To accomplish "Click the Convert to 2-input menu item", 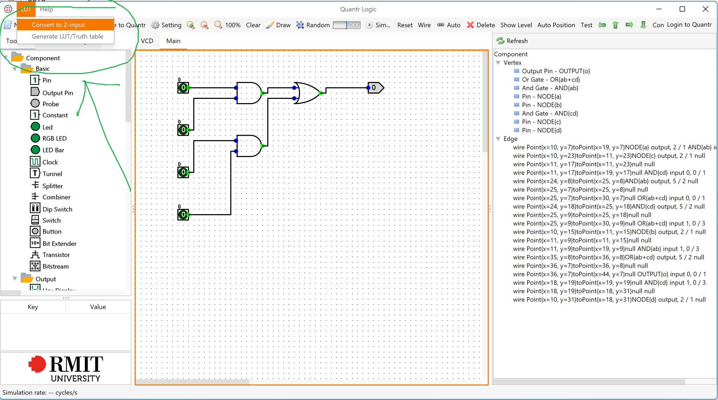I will (x=58, y=25).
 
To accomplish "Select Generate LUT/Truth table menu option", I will (x=67, y=36).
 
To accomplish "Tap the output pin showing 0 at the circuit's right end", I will (x=375, y=88).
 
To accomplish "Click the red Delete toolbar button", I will (x=481, y=25).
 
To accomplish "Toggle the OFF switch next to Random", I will (x=347, y=25).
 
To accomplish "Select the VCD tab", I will (x=147, y=41).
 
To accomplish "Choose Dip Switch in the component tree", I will (x=57, y=209).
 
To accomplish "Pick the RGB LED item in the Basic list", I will (x=54, y=138).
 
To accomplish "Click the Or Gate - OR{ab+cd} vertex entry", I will (x=550, y=80).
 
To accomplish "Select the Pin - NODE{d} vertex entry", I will (x=541, y=130).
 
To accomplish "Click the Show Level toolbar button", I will (x=516, y=25).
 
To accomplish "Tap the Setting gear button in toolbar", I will (x=166, y=25).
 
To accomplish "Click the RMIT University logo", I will (x=66, y=368).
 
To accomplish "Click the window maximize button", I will (x=682, y=9).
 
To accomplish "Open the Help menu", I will (x=46, y=9).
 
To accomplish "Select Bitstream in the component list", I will (x=55, y=266).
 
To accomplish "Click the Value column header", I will (x=98, y=307).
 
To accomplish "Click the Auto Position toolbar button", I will (x=556, y=25).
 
